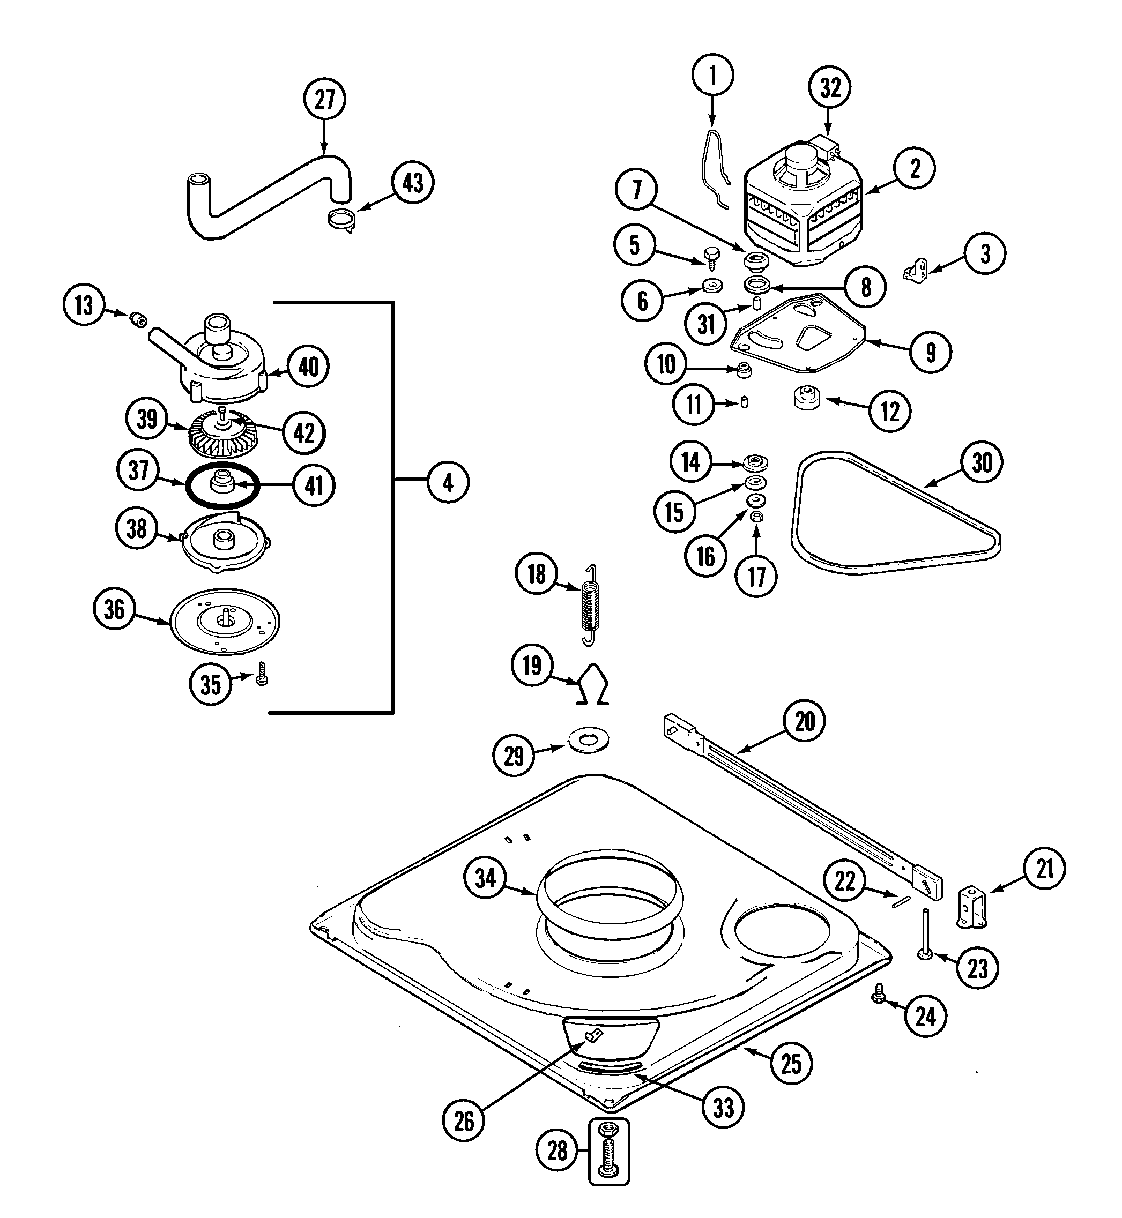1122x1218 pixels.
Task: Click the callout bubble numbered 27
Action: [x=325, y=99]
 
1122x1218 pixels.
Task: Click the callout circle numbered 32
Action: [x=830, y=88]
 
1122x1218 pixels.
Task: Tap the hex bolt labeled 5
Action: [x=711, y=257]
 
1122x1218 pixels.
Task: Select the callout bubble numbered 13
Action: [x=84, y=305]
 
